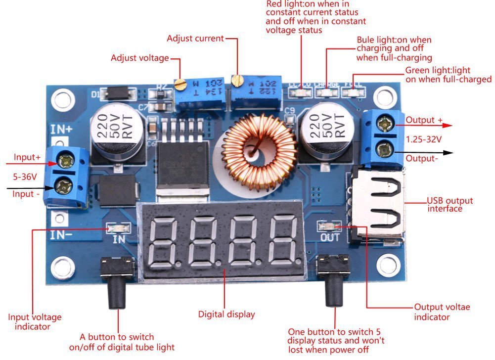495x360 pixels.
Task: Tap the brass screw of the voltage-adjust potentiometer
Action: coord(182,84)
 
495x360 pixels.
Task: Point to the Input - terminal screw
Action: coord(65,186)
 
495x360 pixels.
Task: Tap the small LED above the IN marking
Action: coord(119,228)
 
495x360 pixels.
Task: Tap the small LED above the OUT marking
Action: coord(331,227)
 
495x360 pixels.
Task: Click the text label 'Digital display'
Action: coord(226,314)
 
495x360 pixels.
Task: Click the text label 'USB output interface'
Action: coord(450,205)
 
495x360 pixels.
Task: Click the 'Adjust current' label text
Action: coord(195,38)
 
